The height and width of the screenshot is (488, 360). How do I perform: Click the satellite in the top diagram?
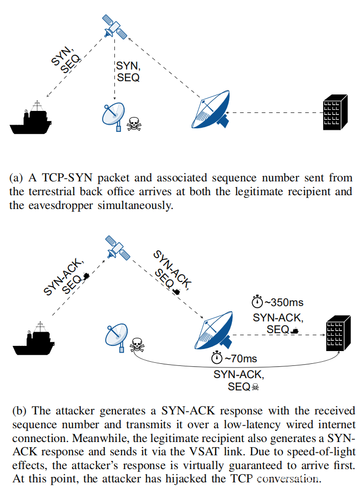pyautogui.click(x=115, y=26)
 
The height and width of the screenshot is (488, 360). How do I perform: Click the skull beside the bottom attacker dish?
pyautogui.click(x=136, y=346)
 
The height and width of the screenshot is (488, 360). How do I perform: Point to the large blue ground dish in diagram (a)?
pyautogui.click(x=210, y=110)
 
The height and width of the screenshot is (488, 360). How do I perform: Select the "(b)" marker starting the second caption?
pyautogui.click(x=17, y=411)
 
